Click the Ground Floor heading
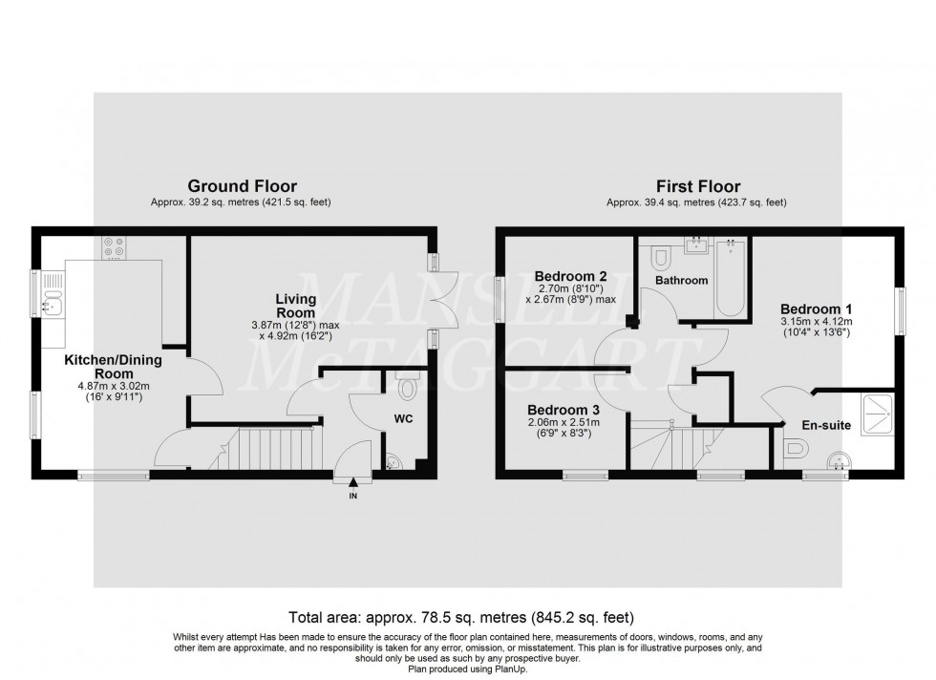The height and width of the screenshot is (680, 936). coord(242,186)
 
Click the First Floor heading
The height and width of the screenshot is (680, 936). coord(697,186)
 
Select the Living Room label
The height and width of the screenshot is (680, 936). coord(296,307)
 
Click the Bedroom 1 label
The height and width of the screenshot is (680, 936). coord(816,309)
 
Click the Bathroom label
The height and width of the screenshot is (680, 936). coord(682,281)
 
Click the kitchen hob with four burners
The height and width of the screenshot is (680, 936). coord(115,249)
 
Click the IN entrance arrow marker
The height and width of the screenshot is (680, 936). coord(353,484)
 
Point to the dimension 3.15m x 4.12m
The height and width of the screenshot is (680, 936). coord(817,323)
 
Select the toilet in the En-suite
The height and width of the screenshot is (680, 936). coord(791,449)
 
